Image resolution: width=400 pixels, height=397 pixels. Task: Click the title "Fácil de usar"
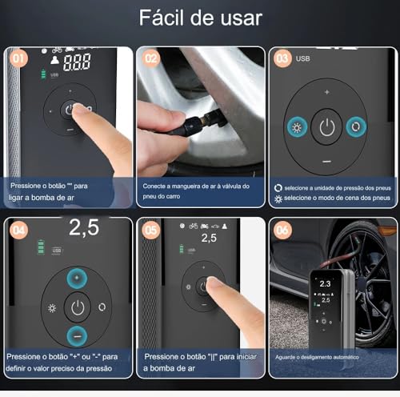200,18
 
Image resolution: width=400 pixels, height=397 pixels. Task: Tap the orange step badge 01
17,58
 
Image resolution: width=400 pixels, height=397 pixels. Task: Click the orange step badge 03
282,58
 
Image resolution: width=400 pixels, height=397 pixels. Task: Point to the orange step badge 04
17,228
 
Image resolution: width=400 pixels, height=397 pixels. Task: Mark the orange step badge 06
282,228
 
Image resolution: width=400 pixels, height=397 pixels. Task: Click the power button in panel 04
77,307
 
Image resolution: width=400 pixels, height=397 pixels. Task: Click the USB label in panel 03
302,58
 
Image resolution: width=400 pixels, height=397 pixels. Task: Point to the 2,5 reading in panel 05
208,238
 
